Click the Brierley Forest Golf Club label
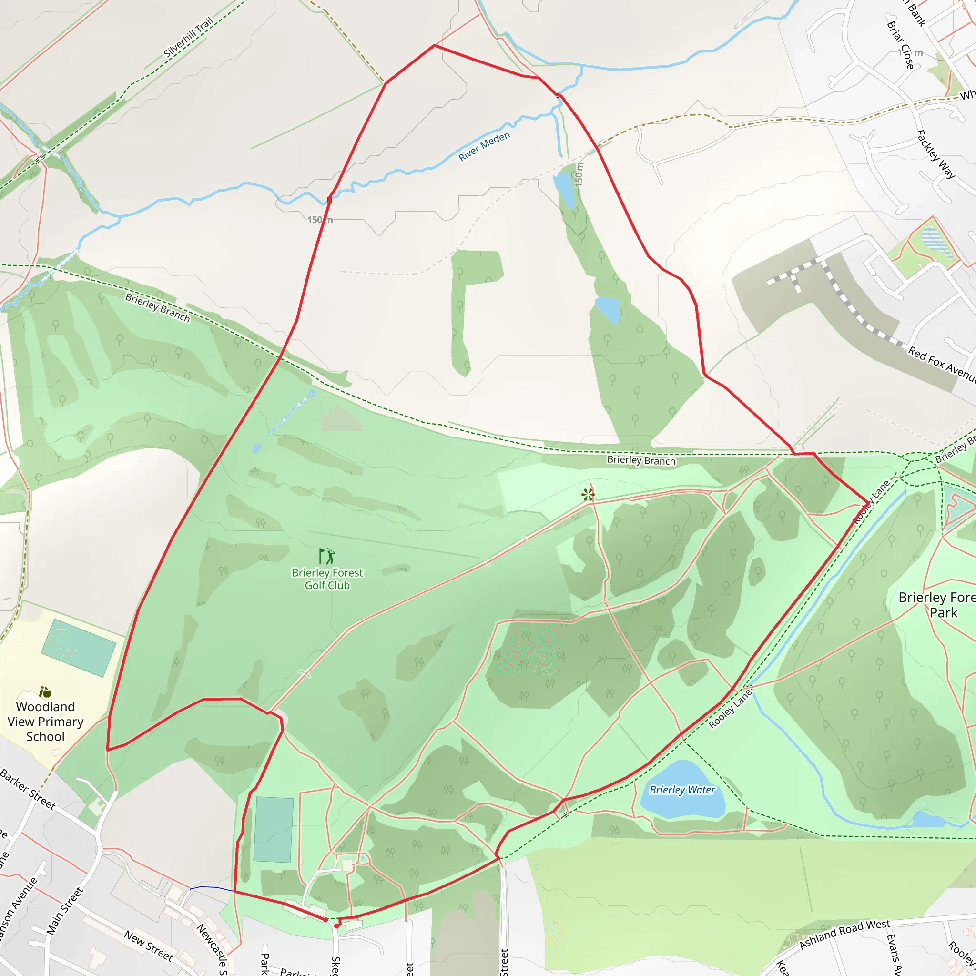[x=327, y=579]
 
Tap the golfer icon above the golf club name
[x=327, y=556]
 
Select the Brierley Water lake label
[x=682, y=790]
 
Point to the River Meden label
[x=484, y=146]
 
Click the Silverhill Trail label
[x=188, y=37]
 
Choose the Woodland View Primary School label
[x=45, y=722]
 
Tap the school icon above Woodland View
[x=45, y=691]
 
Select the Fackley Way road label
[x=935, y=154]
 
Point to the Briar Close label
[x=900, y=45]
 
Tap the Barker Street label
[x=28, y=789]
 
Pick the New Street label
[x=149, y=945]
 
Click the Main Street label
[x=64, y=911]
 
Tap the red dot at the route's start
[x=336, y=926]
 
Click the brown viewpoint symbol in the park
[x=588, y=495]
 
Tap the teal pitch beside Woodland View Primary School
[x=78, y=648]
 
